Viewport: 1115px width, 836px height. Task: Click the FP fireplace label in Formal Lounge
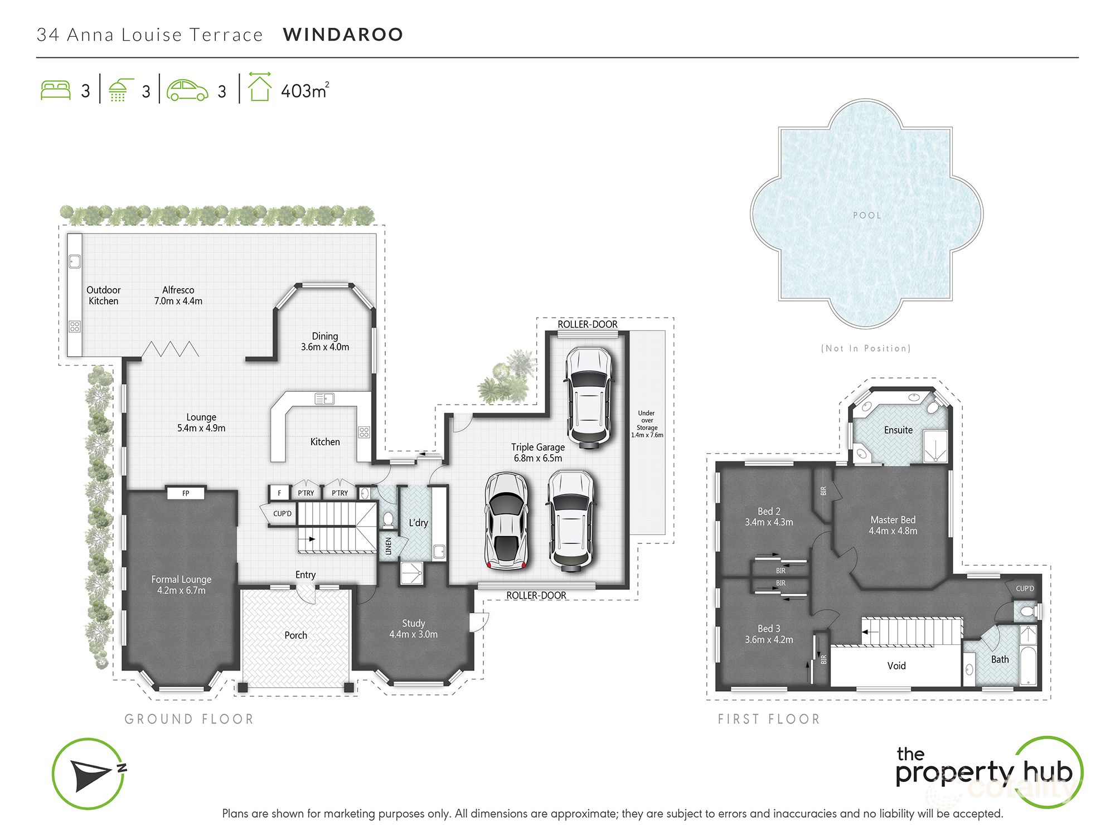coord(186,493)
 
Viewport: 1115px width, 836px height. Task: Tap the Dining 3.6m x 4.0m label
coord(325,342)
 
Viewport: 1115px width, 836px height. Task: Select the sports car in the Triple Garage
coord(506,521)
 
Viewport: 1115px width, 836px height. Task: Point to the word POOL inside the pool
coord(867,216)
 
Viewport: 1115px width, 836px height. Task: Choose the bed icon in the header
coord(56,90)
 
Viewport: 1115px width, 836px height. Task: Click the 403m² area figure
coord(304,91)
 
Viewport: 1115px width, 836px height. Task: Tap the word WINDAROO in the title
coord(343,35)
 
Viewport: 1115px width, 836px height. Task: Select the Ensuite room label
coord(898,430)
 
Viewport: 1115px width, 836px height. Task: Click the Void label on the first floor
coord(896,666)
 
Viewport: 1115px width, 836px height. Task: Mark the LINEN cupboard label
coord(389,546)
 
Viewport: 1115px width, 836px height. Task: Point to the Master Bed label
coord(893,526)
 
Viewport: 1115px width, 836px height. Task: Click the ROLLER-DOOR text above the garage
coord(588,324)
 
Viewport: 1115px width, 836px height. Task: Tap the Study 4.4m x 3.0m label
coord(413,629)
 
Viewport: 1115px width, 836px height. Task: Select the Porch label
coord(295,635)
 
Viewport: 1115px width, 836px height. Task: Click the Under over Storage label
coord(647,424)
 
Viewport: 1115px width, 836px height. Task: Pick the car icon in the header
coord(187,90)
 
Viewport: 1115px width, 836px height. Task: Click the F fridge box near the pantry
coord(279,493)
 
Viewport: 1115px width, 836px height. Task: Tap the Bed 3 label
coord(769,634)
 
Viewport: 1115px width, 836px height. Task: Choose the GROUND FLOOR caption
coord(189,720)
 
